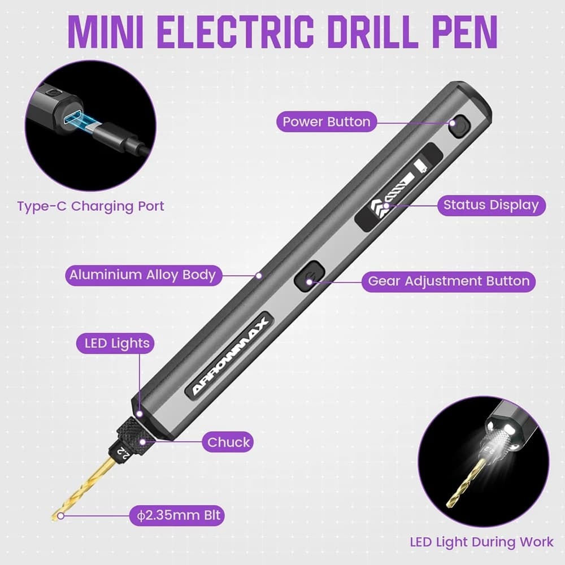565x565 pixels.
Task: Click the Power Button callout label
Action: pyautogui.click(x=327, y=122)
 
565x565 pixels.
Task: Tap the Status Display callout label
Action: pyautogui.click(x=492, y=205)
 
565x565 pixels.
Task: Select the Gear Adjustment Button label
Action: pyautogui.click(x=449, y=281)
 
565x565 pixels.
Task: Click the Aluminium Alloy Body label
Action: pyautogui.click(x=143, y=275)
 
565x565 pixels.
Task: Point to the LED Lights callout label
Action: pyautogui.click(x=115, y=343)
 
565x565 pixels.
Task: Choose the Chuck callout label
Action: pyautogui.click(x=228, y=442)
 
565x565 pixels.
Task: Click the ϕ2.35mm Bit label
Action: pyautogui.click(x=177, y=515)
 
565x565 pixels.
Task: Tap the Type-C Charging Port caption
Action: pyautogui.click(x=90, y=206)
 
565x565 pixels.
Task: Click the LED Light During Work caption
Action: pyautogui.click(x=481, y=542)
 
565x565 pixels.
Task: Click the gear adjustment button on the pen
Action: pyautogui.click(x=310, y=276)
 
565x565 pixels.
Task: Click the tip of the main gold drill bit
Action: pyautogui.click(x=53, y=518)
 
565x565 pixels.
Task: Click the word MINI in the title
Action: pyautogui.click(x=106, y=32)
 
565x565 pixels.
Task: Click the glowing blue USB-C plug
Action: pyautogui.click(x=81, y=123)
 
